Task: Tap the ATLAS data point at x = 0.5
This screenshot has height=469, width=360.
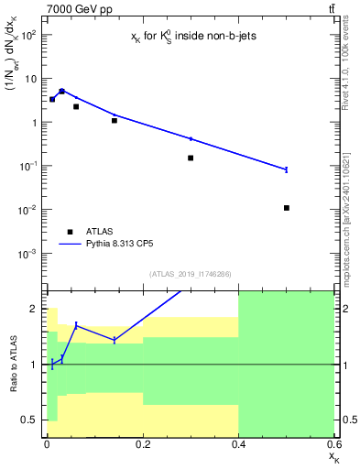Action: [x=287, y=208]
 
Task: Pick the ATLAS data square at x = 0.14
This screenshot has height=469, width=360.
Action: [x=114, y=120]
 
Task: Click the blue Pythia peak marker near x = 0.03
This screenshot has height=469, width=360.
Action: [x=61, y=92]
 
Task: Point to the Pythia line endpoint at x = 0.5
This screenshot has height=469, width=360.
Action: [x=287, y=169]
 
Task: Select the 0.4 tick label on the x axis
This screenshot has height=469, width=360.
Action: [x=238, y=444]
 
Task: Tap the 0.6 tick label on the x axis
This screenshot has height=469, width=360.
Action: [x=333, y=444]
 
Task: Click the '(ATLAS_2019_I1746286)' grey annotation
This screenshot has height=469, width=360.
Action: [x=190, y=273]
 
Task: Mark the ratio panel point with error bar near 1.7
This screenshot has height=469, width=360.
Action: [x=76, y=325]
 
